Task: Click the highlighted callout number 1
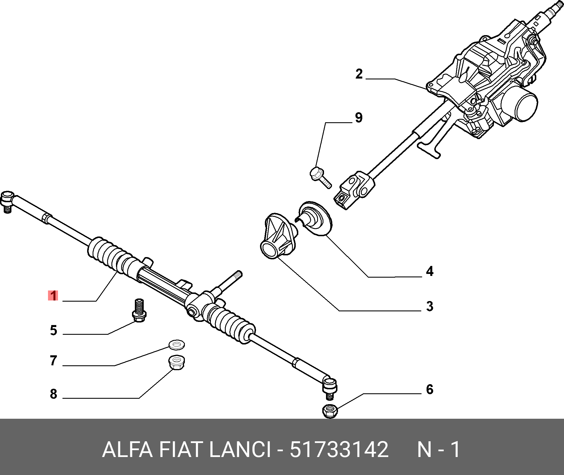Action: (x=53, y=296)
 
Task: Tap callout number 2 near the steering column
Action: (x=359, y=74)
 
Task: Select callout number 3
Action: (x=429, y=306)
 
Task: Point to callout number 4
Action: (x=429, y=271)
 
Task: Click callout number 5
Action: (x=53, y=330)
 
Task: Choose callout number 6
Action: (x=429, y=389)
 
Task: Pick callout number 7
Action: (x=53, y=360)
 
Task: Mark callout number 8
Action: (x=53, y=394)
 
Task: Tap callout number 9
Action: (x=359, y=118)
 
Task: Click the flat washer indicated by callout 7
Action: (x=177, y=345)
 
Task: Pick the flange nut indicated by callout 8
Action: (x=176, y=362)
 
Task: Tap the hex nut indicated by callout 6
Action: (x=330, y=411)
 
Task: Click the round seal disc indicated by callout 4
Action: (x=315, y=219)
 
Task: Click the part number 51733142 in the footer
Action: (x=339, y=450)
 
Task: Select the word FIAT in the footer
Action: (x=180, y=450)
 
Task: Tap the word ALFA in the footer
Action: (x=127, y=450)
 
